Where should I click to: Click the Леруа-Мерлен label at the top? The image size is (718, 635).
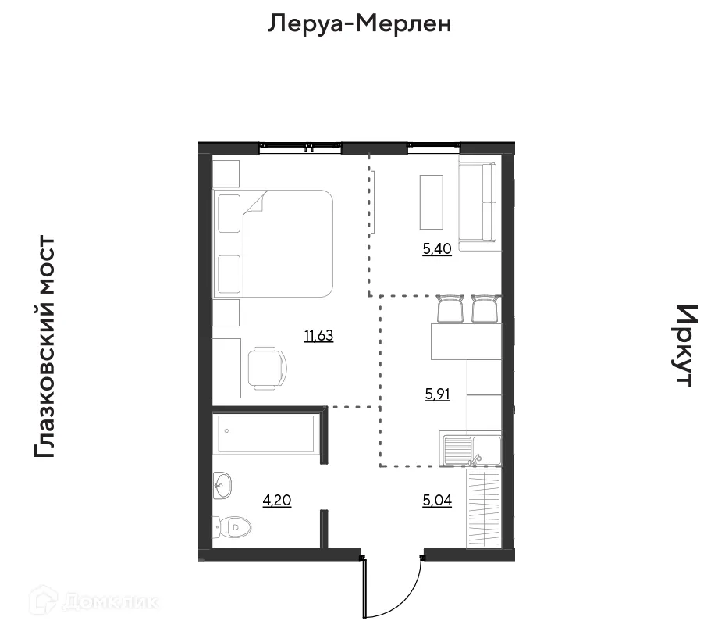(359, 24)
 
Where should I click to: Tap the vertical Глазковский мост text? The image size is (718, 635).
(45, 348)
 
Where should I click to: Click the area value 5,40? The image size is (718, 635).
(437, 250)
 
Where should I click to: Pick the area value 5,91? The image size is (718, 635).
(438, 394)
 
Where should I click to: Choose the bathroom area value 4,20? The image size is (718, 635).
(278, 501)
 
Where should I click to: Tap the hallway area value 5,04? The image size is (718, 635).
(438, 501)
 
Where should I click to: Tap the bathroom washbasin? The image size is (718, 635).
(222, 486)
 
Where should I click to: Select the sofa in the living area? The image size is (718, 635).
(478, 205)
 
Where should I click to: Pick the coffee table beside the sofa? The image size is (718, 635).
(432, 202)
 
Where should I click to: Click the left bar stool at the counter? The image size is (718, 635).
(450, 309)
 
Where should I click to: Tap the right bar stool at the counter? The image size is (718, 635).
(484, 309)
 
